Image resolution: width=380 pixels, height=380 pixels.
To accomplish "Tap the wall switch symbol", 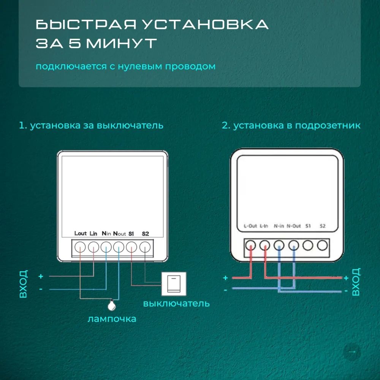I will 174,283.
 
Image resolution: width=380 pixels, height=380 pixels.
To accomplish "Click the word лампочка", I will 112,318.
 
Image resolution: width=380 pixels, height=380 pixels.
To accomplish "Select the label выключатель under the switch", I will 176,303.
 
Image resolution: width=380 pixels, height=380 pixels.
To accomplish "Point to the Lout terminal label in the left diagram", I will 81,233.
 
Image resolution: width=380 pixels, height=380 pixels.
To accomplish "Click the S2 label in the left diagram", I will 145,233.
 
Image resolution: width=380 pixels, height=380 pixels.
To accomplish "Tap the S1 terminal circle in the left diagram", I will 131,247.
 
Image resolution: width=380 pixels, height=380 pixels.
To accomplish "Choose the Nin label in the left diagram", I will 106,233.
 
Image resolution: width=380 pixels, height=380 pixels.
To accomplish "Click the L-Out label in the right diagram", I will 250,226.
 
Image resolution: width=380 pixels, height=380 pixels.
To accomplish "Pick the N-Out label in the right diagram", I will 294,226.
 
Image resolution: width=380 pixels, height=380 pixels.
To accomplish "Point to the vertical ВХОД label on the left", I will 24,284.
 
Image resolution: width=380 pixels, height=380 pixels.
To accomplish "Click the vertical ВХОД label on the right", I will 356,282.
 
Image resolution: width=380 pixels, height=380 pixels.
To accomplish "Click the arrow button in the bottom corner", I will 352,352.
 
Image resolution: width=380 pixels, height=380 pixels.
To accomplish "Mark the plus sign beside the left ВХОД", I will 41,276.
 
